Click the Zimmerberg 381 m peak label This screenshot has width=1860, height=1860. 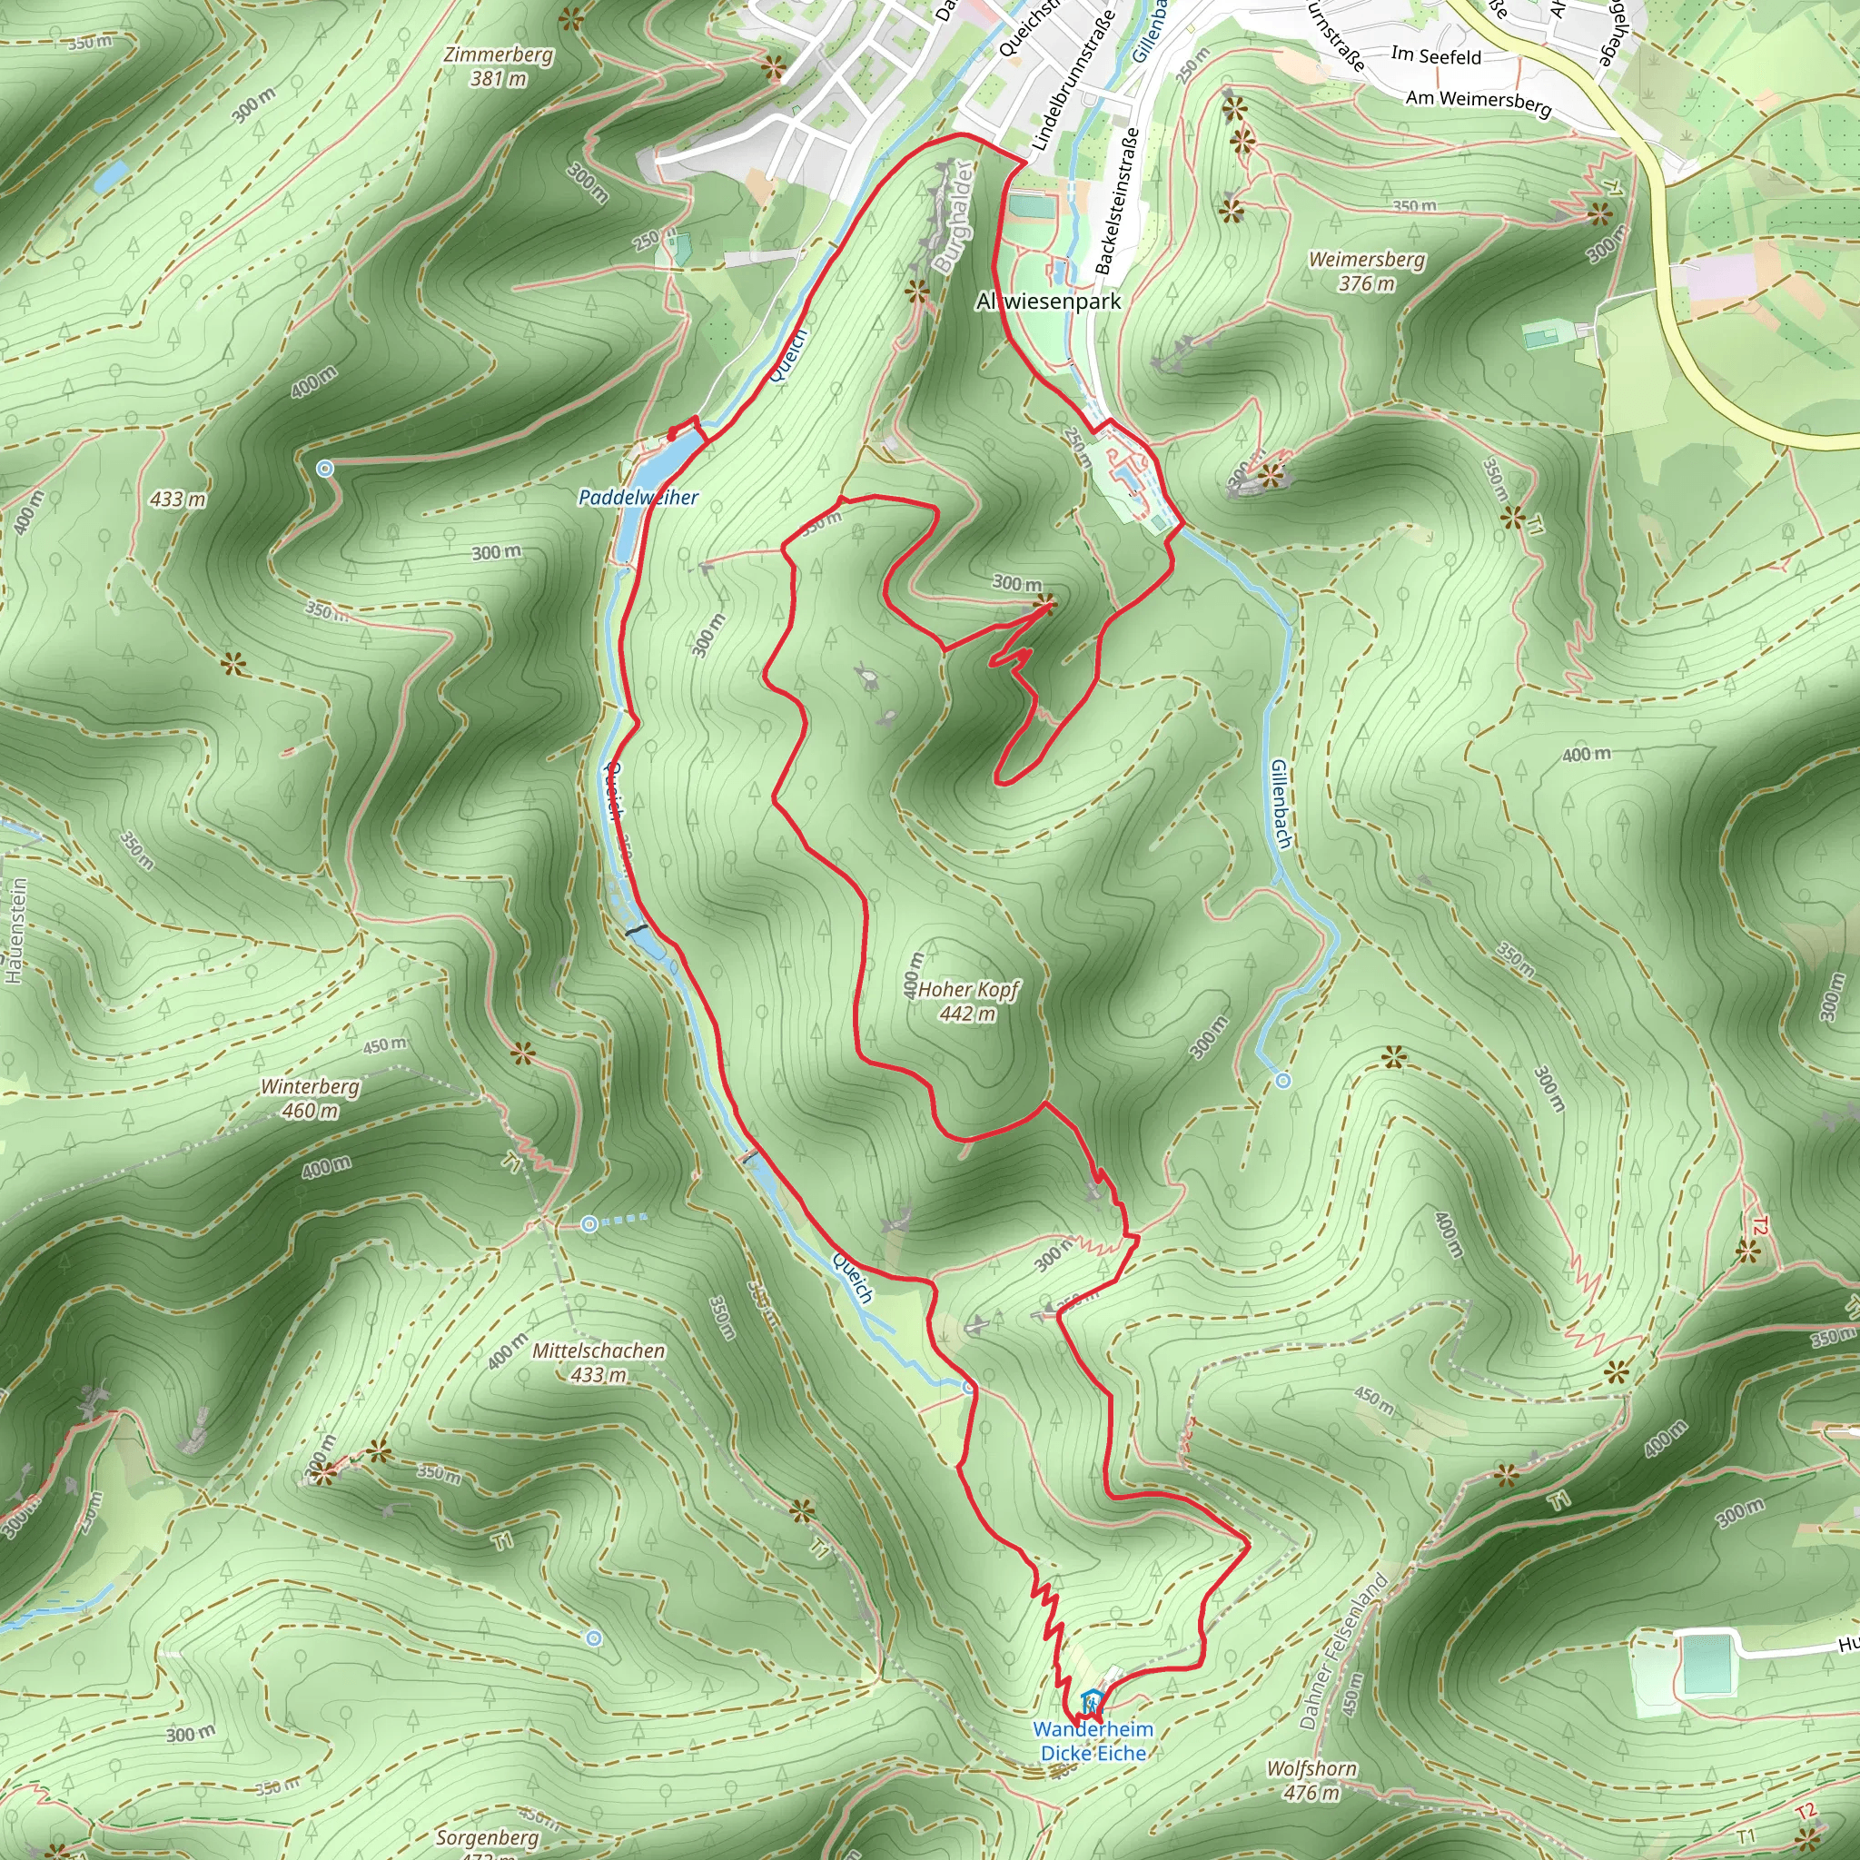click(x=499, y=66)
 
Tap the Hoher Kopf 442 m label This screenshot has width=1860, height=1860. click(x=967, y=1001)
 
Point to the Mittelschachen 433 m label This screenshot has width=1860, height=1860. click(x=599, y=1362)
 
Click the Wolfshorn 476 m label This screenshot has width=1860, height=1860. click(x=1311, y=1780)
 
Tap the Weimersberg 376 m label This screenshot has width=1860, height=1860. click(x=1366, y=271)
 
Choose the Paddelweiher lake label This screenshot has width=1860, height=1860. click(x=638, y=498)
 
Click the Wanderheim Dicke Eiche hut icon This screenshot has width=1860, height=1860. click(x=1090, y=1701)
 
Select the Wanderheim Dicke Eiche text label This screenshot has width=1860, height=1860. click(x=1093, y=1741)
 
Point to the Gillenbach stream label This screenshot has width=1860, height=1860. click(x=1281, y=804)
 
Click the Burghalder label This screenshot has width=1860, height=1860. click(x=953, y=217)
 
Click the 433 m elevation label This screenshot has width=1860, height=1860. click(x=178, y=499)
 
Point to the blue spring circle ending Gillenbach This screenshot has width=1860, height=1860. click(x=1282, y=1081)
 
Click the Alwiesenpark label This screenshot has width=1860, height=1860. click(x=1048, y=302)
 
